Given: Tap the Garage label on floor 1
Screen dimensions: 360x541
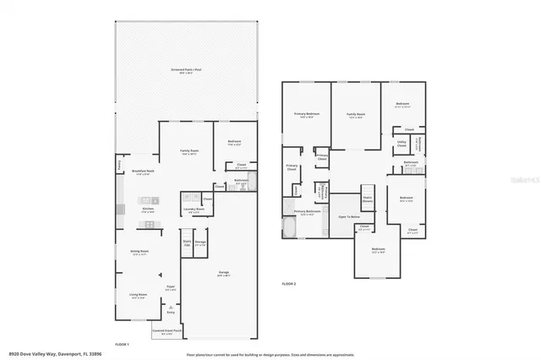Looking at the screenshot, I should [x=223, y=274].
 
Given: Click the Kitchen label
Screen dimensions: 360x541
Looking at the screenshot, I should [x=148, y=208].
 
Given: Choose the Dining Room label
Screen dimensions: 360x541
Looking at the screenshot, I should [x=139, y=251].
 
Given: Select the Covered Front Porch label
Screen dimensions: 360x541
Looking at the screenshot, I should [x=169, y=332].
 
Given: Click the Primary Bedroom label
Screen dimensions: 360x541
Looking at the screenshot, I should [x=306, y=114].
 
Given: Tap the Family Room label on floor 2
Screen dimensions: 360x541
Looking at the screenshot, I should [x=355, y=114].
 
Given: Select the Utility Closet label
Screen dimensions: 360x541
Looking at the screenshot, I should [x=402, y=145].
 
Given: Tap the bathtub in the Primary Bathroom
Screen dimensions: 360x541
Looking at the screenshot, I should [x=290, y=228].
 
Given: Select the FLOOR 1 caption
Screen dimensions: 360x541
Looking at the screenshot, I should [x=121, y=344].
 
